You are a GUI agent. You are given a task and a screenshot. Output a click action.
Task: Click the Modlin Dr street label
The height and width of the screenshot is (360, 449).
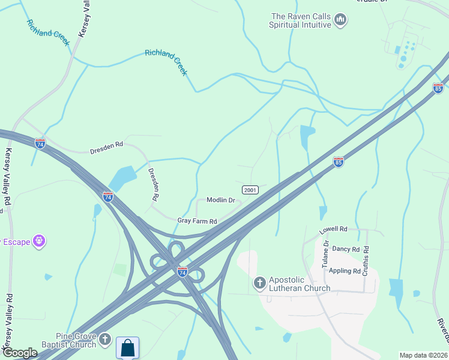[x=220, y=200]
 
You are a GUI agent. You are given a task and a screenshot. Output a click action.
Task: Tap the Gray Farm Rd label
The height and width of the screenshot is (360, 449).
[x=197, y=221]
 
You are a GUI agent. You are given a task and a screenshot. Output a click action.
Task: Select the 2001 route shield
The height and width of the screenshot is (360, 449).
[x=250, y=190]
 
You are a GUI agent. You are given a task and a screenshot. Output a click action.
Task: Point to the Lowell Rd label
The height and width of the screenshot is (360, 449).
[x=334, y=229]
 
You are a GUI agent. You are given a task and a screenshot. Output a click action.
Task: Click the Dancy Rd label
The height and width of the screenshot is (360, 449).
[x=345, y=248]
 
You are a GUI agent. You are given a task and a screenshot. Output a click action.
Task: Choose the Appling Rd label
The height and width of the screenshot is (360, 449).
[x=345, y=271]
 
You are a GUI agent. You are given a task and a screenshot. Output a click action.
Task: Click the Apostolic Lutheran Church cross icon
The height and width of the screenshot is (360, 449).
[x=260, y=282]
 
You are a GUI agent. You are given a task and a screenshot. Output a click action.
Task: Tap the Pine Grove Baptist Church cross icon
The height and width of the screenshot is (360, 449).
[x=104, y=340]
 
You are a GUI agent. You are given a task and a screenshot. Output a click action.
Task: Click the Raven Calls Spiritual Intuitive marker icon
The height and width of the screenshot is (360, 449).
[x=340, y=20]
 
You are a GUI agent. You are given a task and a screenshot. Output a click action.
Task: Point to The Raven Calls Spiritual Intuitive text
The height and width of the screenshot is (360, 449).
[x=300, y=20]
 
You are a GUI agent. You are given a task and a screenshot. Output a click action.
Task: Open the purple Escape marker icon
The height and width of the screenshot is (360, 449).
[x=40, y=241]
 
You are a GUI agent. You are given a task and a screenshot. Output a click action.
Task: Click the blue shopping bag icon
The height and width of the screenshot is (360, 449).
[x=128, y=347]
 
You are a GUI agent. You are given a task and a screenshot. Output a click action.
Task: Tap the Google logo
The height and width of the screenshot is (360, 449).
[x=20, y=353]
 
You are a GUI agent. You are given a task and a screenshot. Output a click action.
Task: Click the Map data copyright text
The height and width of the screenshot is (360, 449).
[x=424, y=355]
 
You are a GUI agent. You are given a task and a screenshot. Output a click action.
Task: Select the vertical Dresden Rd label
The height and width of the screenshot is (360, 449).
[x=154, y=184]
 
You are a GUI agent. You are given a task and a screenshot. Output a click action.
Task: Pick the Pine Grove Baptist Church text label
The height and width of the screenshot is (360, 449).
[x=76, y=340]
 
